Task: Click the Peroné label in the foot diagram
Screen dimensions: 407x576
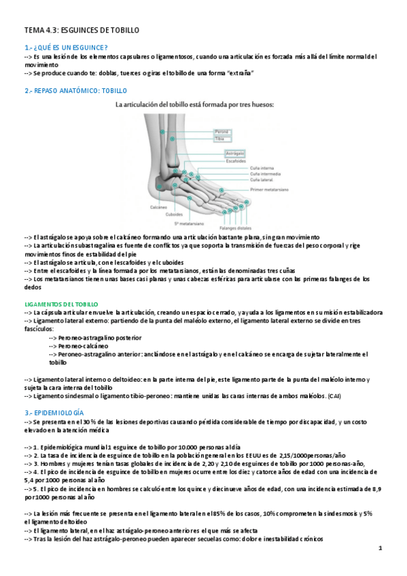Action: (202, 131)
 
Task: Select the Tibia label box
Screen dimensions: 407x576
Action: (200, 139)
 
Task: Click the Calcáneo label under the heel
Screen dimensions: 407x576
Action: (160, 206)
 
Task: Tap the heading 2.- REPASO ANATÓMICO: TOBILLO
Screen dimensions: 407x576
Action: (75, 90)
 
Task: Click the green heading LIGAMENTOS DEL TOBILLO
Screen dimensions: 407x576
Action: (61, 304)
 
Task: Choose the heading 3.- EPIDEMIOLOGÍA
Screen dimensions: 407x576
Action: (54, 412)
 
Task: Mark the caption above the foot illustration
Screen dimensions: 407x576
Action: (205, 105)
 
